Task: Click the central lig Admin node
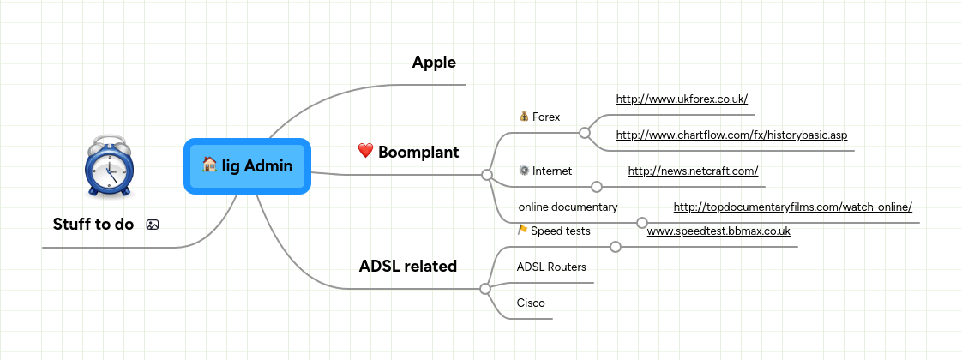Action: tap(247, 166)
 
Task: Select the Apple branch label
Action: tap(433, 63)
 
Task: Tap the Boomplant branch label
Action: tap(418, 153)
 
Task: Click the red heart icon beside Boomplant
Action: tap(365, 152)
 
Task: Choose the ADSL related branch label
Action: tap(407, 267)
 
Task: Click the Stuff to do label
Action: tap(93, 225)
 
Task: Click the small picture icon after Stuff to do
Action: tap(153, 225)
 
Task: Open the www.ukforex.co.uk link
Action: tap(682, 99)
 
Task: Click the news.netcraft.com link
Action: tap(693, 171)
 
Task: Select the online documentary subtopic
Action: tap(568, 207)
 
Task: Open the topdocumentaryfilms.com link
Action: tap(792, 207)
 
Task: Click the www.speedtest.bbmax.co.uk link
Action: tap(718, 231)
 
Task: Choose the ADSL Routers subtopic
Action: tap(551, 267)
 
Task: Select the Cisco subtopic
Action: tap(531, 303)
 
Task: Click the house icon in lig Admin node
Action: tap(209, 165)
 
